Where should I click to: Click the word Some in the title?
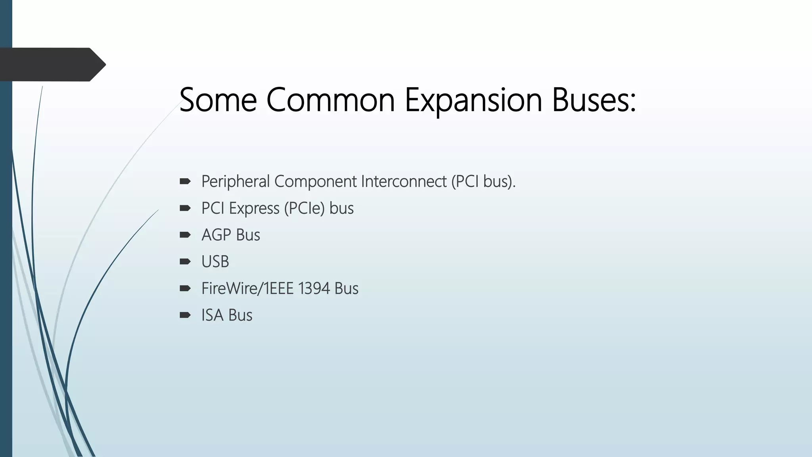pos(218,100)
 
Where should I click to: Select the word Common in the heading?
pos(330,100)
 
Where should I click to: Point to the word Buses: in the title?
pos(594,100)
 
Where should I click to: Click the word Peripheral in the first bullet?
pos(236,181)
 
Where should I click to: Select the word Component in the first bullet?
pos(316,181)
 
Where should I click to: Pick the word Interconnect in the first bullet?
pos(404,181)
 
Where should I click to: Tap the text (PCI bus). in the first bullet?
pos(483,181)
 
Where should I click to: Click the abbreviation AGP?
pos(216,235)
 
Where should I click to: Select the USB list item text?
pos(215,262)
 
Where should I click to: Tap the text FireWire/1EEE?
pos(247,288)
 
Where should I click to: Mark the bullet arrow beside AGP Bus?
pos(185,235)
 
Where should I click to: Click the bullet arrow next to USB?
pos(185,261)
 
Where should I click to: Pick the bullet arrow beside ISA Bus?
pos(185,315)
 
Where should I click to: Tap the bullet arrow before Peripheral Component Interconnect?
pos(185,181)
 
